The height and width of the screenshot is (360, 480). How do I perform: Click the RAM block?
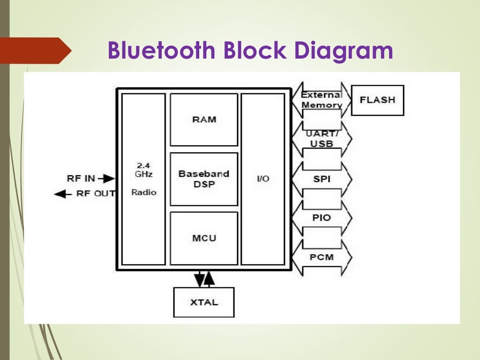pyautogui.click(x=204, y=120)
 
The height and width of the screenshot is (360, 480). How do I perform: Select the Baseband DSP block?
pyautogui.click(x=204, y=179)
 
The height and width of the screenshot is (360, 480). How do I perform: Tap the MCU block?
pyautogui.click(x=204, y=238)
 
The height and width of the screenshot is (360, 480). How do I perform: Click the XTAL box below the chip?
pyautogui.click(x=204, y=302)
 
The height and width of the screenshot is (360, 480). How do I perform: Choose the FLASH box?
pyautogui.click(x=377, y=100)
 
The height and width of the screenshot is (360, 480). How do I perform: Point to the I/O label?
pyautogui.click(x=263, y=179)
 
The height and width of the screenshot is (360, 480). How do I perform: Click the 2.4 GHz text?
pyautogui.click(x=143, y=169)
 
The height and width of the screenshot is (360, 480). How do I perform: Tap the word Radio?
pyautogui.click(x=144, y=192)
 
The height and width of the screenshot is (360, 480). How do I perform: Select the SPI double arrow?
pyautogui.click(x=322, y=179)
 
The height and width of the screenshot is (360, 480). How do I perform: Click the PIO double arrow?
pyautogui.click(x=322, y=218)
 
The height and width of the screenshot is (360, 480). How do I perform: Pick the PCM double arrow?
pyautogui.click(x=322, y=257)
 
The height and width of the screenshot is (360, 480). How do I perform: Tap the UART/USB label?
pyautogui.click(x=322, y=139)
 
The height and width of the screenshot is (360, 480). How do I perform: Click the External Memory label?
pyautogui.click(x=322, y=100)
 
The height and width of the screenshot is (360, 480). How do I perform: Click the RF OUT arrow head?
pyautogui.click(x=59, y=194)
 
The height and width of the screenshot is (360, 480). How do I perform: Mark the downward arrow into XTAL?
pyautogui.click(x=200, y=280)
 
